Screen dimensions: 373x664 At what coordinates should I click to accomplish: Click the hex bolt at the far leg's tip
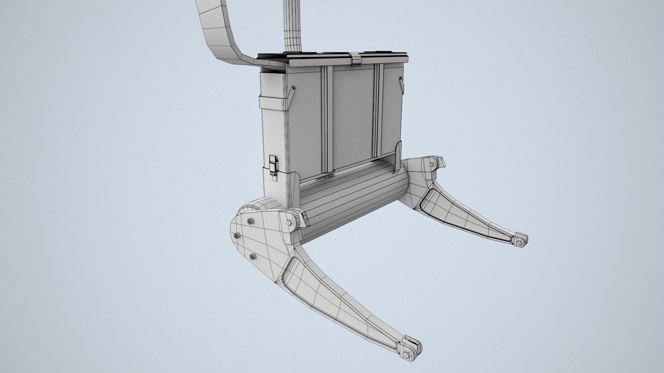519,243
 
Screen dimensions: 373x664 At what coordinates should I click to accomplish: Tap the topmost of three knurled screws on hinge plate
249,221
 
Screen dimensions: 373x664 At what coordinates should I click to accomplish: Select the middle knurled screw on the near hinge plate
237,236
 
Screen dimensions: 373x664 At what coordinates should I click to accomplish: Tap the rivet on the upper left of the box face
293,88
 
